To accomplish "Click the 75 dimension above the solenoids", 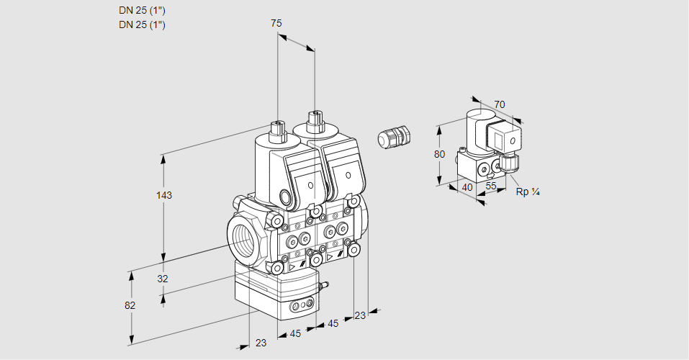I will click(276, 24).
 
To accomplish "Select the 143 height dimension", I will click(165, 195).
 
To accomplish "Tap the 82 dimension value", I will click(130, 305).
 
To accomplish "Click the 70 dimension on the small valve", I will click(500, 104).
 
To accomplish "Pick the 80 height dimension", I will click(440, 154).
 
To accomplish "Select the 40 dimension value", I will click(467, 187).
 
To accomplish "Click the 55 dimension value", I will click(491, 186).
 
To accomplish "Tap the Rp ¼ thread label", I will click(528, 192).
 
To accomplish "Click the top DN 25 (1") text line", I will click(142, 11).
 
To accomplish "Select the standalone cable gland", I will click(394, 137).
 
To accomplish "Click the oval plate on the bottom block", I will click(301, 307).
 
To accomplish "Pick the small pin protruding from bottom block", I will click(324, 287).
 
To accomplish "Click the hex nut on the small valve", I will click(510, 163).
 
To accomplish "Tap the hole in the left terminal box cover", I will click(310, 186).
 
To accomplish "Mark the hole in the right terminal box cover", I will click(348, 174).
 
